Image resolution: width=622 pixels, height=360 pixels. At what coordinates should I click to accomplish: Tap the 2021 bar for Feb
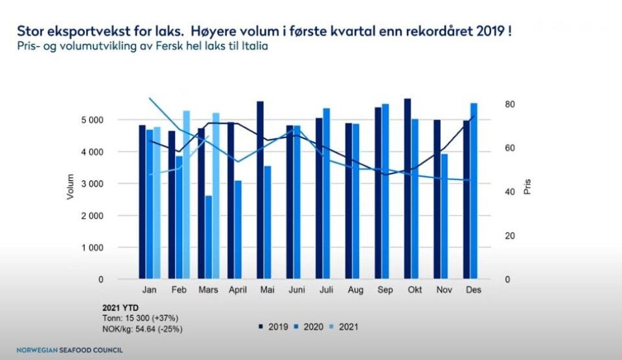point(187,195)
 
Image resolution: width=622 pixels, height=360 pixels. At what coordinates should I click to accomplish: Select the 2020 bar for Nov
point(444,216)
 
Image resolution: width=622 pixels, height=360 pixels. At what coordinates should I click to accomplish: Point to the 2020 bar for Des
point(474,191)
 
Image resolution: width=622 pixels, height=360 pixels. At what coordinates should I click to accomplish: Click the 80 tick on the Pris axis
point(510,104)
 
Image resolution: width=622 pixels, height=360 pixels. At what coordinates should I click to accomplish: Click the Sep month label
point(384,290)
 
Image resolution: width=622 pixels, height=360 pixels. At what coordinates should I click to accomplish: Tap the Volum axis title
point(71,186)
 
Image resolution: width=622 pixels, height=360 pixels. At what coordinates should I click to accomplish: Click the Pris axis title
point(527,187)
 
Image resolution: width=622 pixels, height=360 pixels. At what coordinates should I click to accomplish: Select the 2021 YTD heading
point(121,307)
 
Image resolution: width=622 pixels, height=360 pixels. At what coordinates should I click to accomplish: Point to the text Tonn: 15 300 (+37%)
point(140,318)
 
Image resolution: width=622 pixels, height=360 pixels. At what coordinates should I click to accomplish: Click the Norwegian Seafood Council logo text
point(69,350)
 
